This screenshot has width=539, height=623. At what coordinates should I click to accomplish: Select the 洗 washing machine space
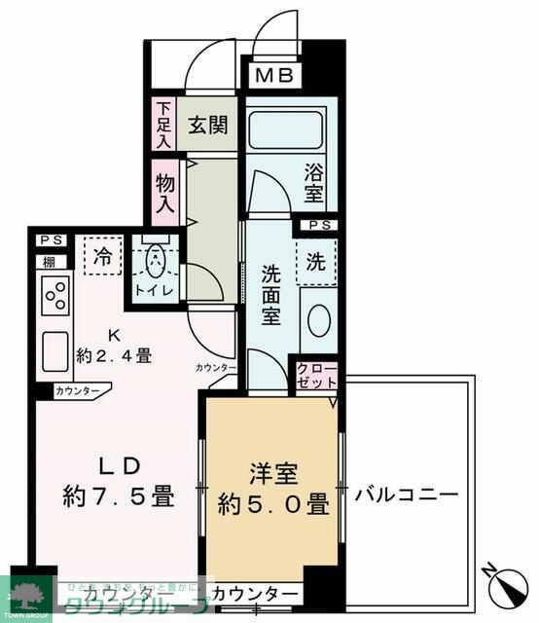pyautogui.click(x=316, y=260)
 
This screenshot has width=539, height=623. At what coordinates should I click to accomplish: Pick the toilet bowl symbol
pyautogui.click(x=154, y=261)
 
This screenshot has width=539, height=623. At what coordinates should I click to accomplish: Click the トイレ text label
pyautogui.click(x=154, y=290)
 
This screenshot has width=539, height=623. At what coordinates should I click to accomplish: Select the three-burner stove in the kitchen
pyautogui.click(x=54, y=294)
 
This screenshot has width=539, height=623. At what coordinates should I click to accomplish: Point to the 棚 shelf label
pyautogui.click(x=47, y=261)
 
